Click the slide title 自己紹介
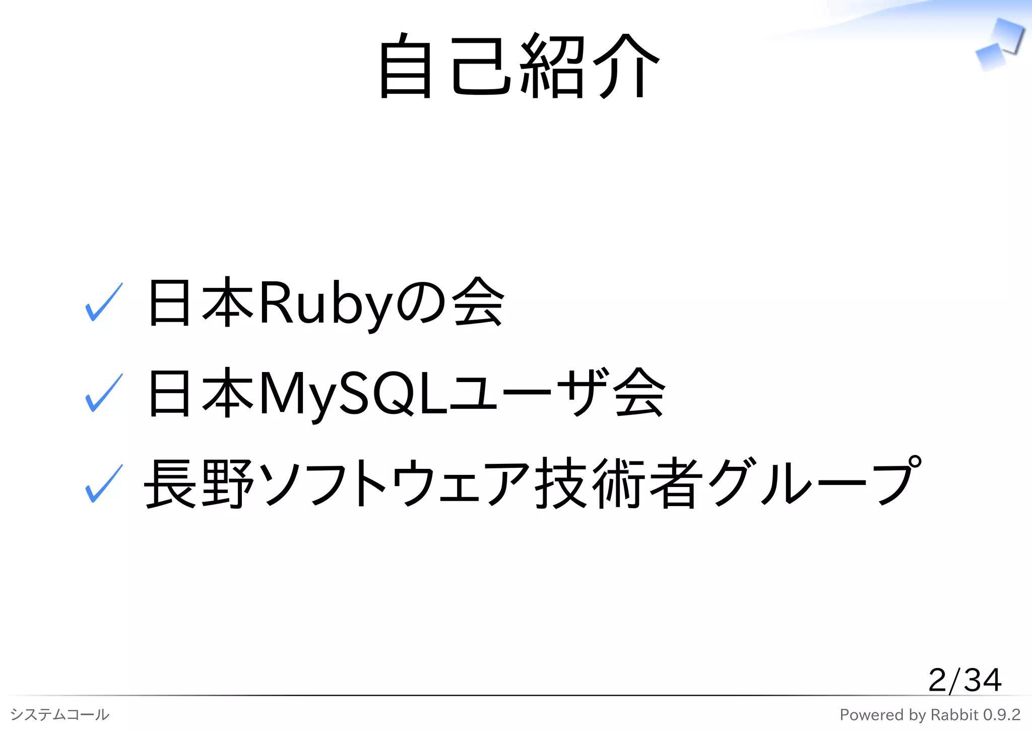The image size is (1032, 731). [x=519, y=66]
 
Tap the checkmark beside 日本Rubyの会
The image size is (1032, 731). [x=104, y=302]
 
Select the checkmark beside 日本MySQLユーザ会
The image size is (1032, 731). [x=104, y=393]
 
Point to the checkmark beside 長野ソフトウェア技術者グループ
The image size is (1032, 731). [x=104, y=484]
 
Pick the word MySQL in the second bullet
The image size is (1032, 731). [x=353, y=394]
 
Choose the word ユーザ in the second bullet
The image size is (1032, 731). [x=529, y=393]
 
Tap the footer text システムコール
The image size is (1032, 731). [x=59, y=714]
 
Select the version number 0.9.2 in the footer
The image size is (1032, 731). [x=1001, y=714]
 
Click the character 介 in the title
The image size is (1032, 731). [x=626, y=66]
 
